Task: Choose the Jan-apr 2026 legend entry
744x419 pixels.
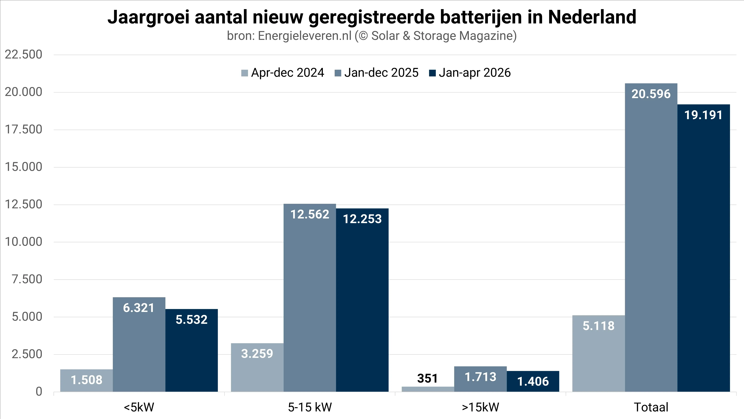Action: tap(470, 73)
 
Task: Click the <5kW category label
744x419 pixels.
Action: tap(139, 407)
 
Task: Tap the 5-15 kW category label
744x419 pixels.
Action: tap(310, 407)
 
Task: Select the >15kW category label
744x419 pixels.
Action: tap(481, 407)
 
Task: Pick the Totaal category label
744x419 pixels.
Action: tap(651, 407)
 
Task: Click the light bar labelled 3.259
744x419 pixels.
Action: tap(257, 367)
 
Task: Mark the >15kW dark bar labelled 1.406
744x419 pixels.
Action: tap(533, 381)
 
